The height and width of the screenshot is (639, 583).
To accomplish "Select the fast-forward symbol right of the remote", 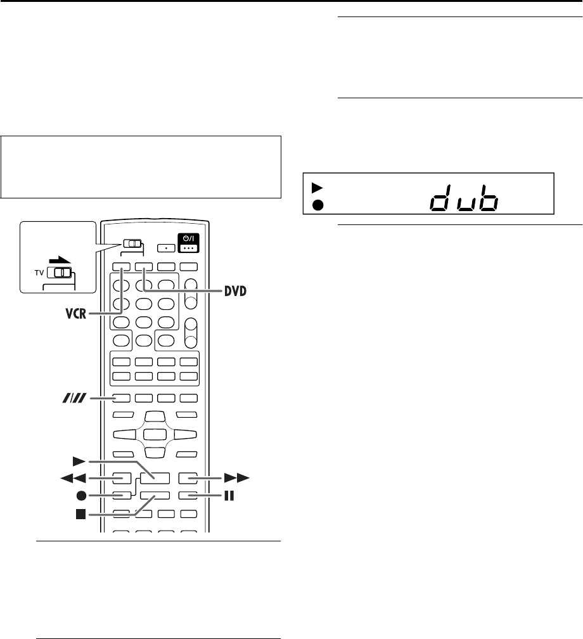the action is [x=241, y=477].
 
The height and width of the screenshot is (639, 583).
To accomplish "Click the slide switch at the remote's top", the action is [x=134, y=244].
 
